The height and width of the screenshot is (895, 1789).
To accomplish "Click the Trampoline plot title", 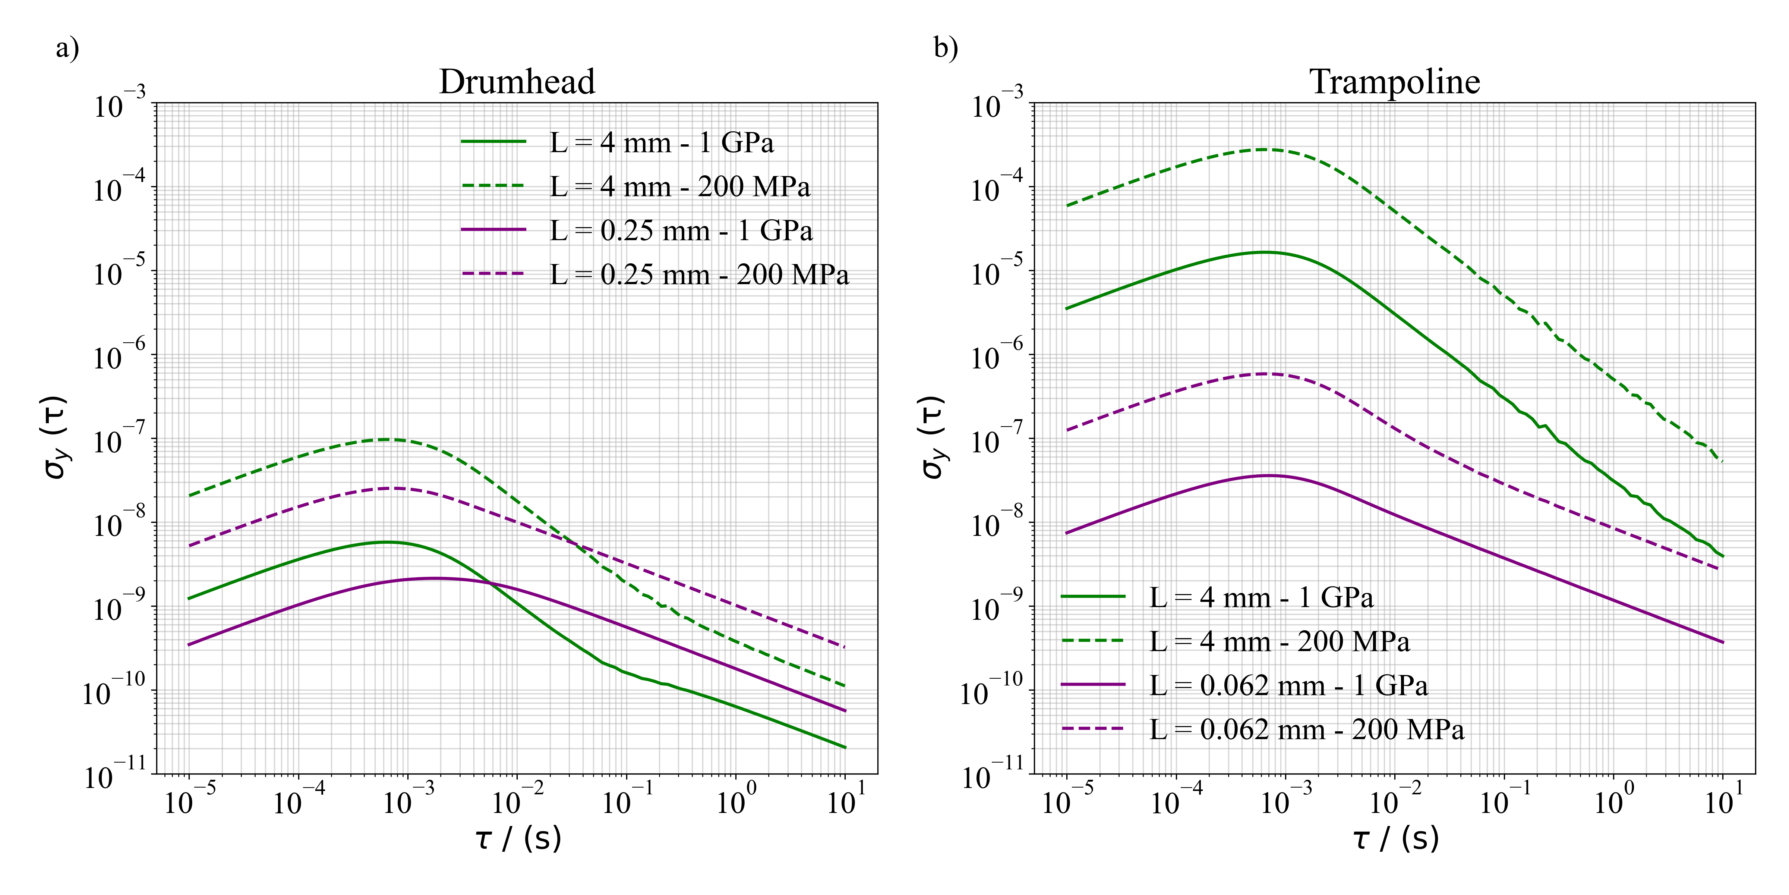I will [x=1395, y=82].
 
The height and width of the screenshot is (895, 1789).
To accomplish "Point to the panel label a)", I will [x=67, y=48].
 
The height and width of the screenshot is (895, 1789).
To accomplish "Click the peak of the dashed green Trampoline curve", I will [x=1263, y=150].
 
